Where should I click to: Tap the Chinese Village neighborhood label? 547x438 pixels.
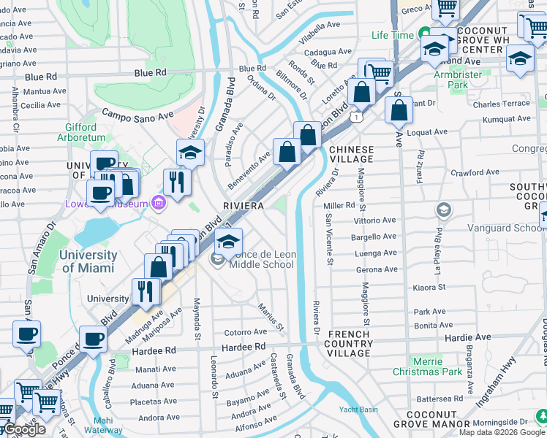coord(351,154)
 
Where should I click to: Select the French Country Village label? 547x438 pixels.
coord(350,344)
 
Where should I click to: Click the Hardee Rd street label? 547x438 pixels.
coord(154,350)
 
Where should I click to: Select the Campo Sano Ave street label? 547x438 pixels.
coord(137,115)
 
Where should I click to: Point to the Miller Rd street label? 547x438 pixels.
coord(339,206)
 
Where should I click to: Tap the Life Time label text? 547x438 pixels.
coord(392,35)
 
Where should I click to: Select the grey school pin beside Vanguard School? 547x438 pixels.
coord(443,210)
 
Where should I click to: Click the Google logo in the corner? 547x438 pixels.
coord(23,429)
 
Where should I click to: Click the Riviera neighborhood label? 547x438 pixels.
coord(243,207)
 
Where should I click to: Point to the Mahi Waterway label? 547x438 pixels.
coord(108,425)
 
